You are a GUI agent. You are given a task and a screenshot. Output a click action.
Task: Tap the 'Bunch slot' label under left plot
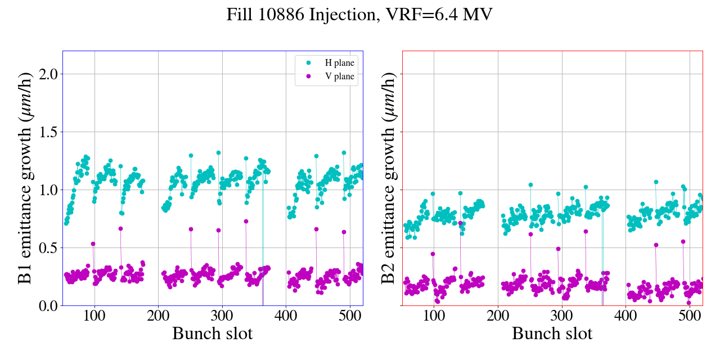click(x=212, y=334)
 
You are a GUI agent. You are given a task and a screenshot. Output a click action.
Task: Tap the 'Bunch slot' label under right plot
click(x=552, y=334)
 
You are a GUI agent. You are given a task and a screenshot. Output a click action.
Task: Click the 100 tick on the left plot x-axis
click(x=94, y=315)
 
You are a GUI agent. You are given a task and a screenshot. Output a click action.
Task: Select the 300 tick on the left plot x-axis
click(x=222, y=315)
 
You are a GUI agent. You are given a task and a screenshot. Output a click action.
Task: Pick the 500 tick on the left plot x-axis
click(x=350, y=315)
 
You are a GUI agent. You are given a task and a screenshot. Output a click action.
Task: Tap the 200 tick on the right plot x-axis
click(x=498, y=315)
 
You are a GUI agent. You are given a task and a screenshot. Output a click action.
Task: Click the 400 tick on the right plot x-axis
click(x=625, y=315)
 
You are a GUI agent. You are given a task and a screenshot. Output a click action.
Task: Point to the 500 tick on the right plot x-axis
click(x=690, y=315)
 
